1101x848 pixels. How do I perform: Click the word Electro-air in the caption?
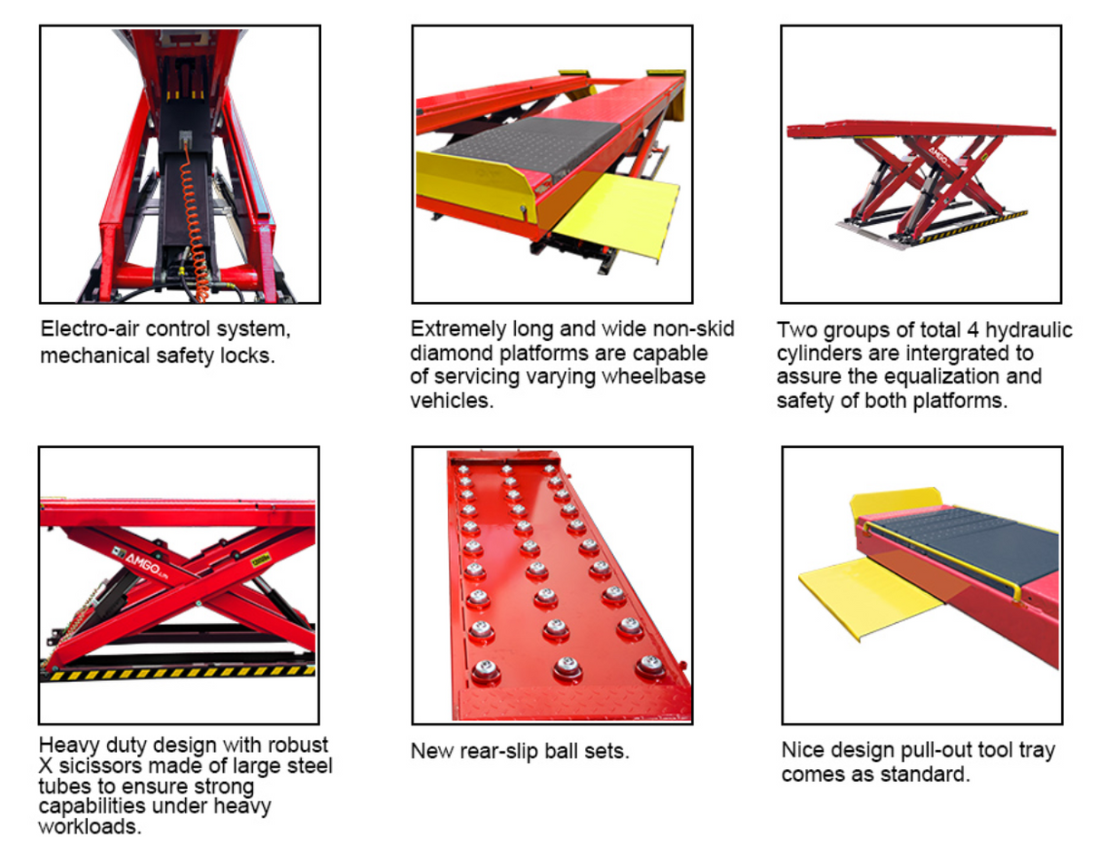(x=84, y=329)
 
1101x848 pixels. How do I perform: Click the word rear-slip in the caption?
(x=492, y=751)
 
